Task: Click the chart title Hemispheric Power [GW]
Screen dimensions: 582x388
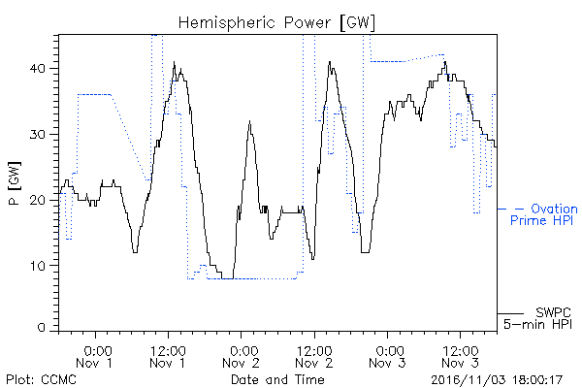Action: (276, 23)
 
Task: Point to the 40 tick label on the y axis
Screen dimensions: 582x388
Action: (38, 69)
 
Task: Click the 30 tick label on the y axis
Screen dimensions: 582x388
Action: (38, 135)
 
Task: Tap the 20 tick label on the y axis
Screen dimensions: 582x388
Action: (38, 200)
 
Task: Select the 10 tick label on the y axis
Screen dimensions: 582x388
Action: (38, 266)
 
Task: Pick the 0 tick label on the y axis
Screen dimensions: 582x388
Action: (42, 328)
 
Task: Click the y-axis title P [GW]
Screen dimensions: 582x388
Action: (15, 183)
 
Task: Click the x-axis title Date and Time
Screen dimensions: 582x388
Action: (277, 379)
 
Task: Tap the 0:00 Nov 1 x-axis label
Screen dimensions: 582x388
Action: (95, 356)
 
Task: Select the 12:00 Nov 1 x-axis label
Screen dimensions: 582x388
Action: (168, 356)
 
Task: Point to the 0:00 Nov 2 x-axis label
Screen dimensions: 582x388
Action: (241, 356)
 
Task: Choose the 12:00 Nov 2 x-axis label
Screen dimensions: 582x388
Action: (314, 356)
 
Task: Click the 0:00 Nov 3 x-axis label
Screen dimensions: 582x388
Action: (387, 356)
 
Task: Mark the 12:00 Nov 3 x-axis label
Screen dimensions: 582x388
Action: (460, 356)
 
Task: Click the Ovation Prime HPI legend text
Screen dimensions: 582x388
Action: (544, 214)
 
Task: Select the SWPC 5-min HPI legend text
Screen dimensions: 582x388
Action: (537, 318)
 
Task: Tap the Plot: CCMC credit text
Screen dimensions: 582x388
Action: (41, 379)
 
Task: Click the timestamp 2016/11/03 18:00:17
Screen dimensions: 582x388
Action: (497, 380)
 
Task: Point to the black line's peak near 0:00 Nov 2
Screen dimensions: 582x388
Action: (249, 121)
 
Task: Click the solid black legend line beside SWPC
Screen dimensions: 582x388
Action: (510, 313)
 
